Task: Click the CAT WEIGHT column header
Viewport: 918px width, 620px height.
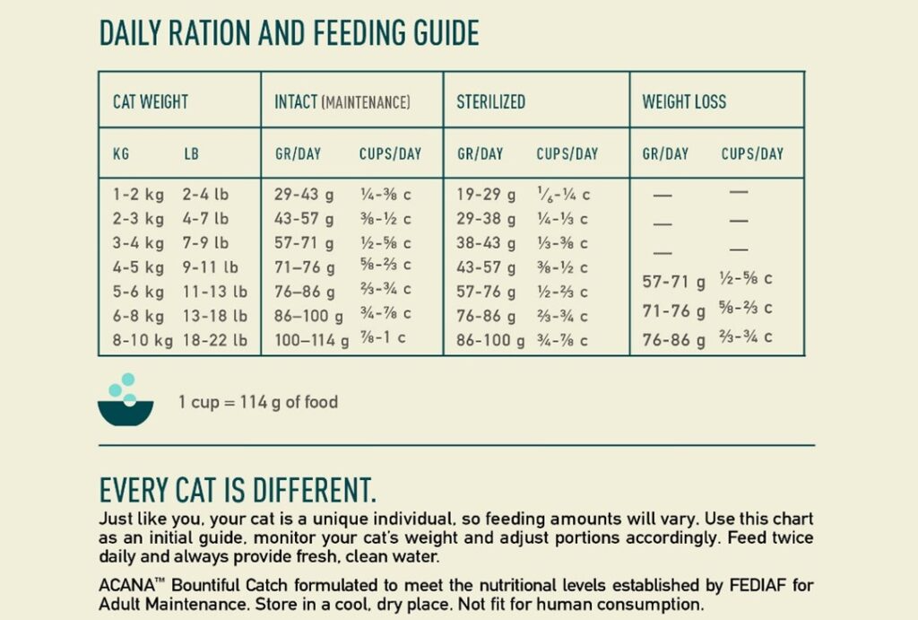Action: click(x=150, y=102)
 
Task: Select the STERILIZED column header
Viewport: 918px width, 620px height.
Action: click(x=490, y=102)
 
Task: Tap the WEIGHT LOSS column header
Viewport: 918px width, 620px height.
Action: click(x=684, y=102)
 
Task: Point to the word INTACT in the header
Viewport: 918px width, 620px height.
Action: click(x=295, y=102)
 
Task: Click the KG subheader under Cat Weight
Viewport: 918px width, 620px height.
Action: click(x=121, y=153)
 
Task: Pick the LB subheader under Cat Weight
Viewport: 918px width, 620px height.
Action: click(x=191, y=153)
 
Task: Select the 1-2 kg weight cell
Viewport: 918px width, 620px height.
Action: click(x=138, y=194)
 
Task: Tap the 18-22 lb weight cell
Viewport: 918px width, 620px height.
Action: click(x=214, y=340)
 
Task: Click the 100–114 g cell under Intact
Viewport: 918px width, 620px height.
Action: click(x=312, y=340)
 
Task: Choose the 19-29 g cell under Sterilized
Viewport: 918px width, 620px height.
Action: click(x=486, y=194)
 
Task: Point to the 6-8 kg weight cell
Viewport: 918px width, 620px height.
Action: click(x=138, y=316)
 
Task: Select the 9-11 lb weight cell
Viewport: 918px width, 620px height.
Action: click(x=210, y=267)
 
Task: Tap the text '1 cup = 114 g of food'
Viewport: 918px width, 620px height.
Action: click(x=258, y=402)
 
